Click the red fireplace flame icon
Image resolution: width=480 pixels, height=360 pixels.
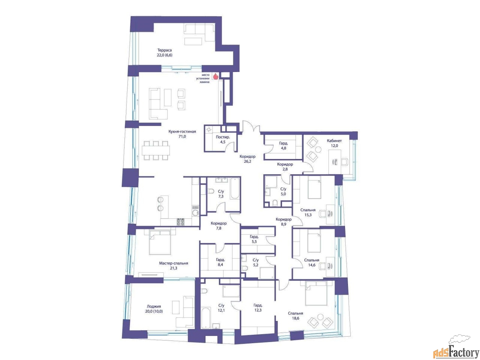pos(215,76)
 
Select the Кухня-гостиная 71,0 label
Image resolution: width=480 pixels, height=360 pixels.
pos(182,134)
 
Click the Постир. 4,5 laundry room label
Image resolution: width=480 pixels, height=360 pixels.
pos(223,139)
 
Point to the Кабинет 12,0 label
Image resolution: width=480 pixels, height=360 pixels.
pos(334,143)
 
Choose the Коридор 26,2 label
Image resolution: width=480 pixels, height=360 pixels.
pos(247,159)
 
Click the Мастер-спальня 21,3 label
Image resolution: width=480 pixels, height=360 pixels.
pos(173,266)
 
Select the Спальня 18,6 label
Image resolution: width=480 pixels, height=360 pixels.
pos(295,316)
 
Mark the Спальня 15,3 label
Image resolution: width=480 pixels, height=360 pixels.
pos(308,213)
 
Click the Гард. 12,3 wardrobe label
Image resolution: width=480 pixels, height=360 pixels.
pos(258,308)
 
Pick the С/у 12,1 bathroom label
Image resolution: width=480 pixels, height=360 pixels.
pos(221,308)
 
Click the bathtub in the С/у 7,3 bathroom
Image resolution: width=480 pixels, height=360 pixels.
pos(234,189)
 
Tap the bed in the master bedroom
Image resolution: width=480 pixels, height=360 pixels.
pos(160,243)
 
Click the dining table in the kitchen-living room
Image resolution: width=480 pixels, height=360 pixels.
pos(156,150)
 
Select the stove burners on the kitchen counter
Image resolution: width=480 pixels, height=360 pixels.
pos(181,222)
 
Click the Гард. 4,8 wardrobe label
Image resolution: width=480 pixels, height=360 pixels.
pos(283,145)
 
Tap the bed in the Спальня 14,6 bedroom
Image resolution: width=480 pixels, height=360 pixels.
pos(314,242)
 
